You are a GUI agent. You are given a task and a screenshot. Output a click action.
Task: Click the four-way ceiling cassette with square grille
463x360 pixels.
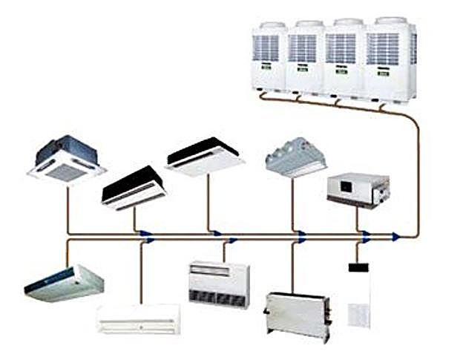point(66,157)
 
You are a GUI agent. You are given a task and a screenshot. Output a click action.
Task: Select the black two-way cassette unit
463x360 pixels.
point(133,187)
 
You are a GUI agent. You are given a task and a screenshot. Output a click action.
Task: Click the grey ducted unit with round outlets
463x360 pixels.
point(296,157)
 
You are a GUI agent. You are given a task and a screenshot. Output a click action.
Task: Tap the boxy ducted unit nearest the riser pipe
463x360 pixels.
point(358,190)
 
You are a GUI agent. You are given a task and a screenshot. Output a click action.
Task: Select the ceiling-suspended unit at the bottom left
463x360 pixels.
point(64,282)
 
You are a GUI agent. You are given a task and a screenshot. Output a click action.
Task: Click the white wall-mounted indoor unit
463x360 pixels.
point(139,318)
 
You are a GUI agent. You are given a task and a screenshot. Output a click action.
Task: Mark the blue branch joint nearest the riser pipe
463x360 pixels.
point(396,237)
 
